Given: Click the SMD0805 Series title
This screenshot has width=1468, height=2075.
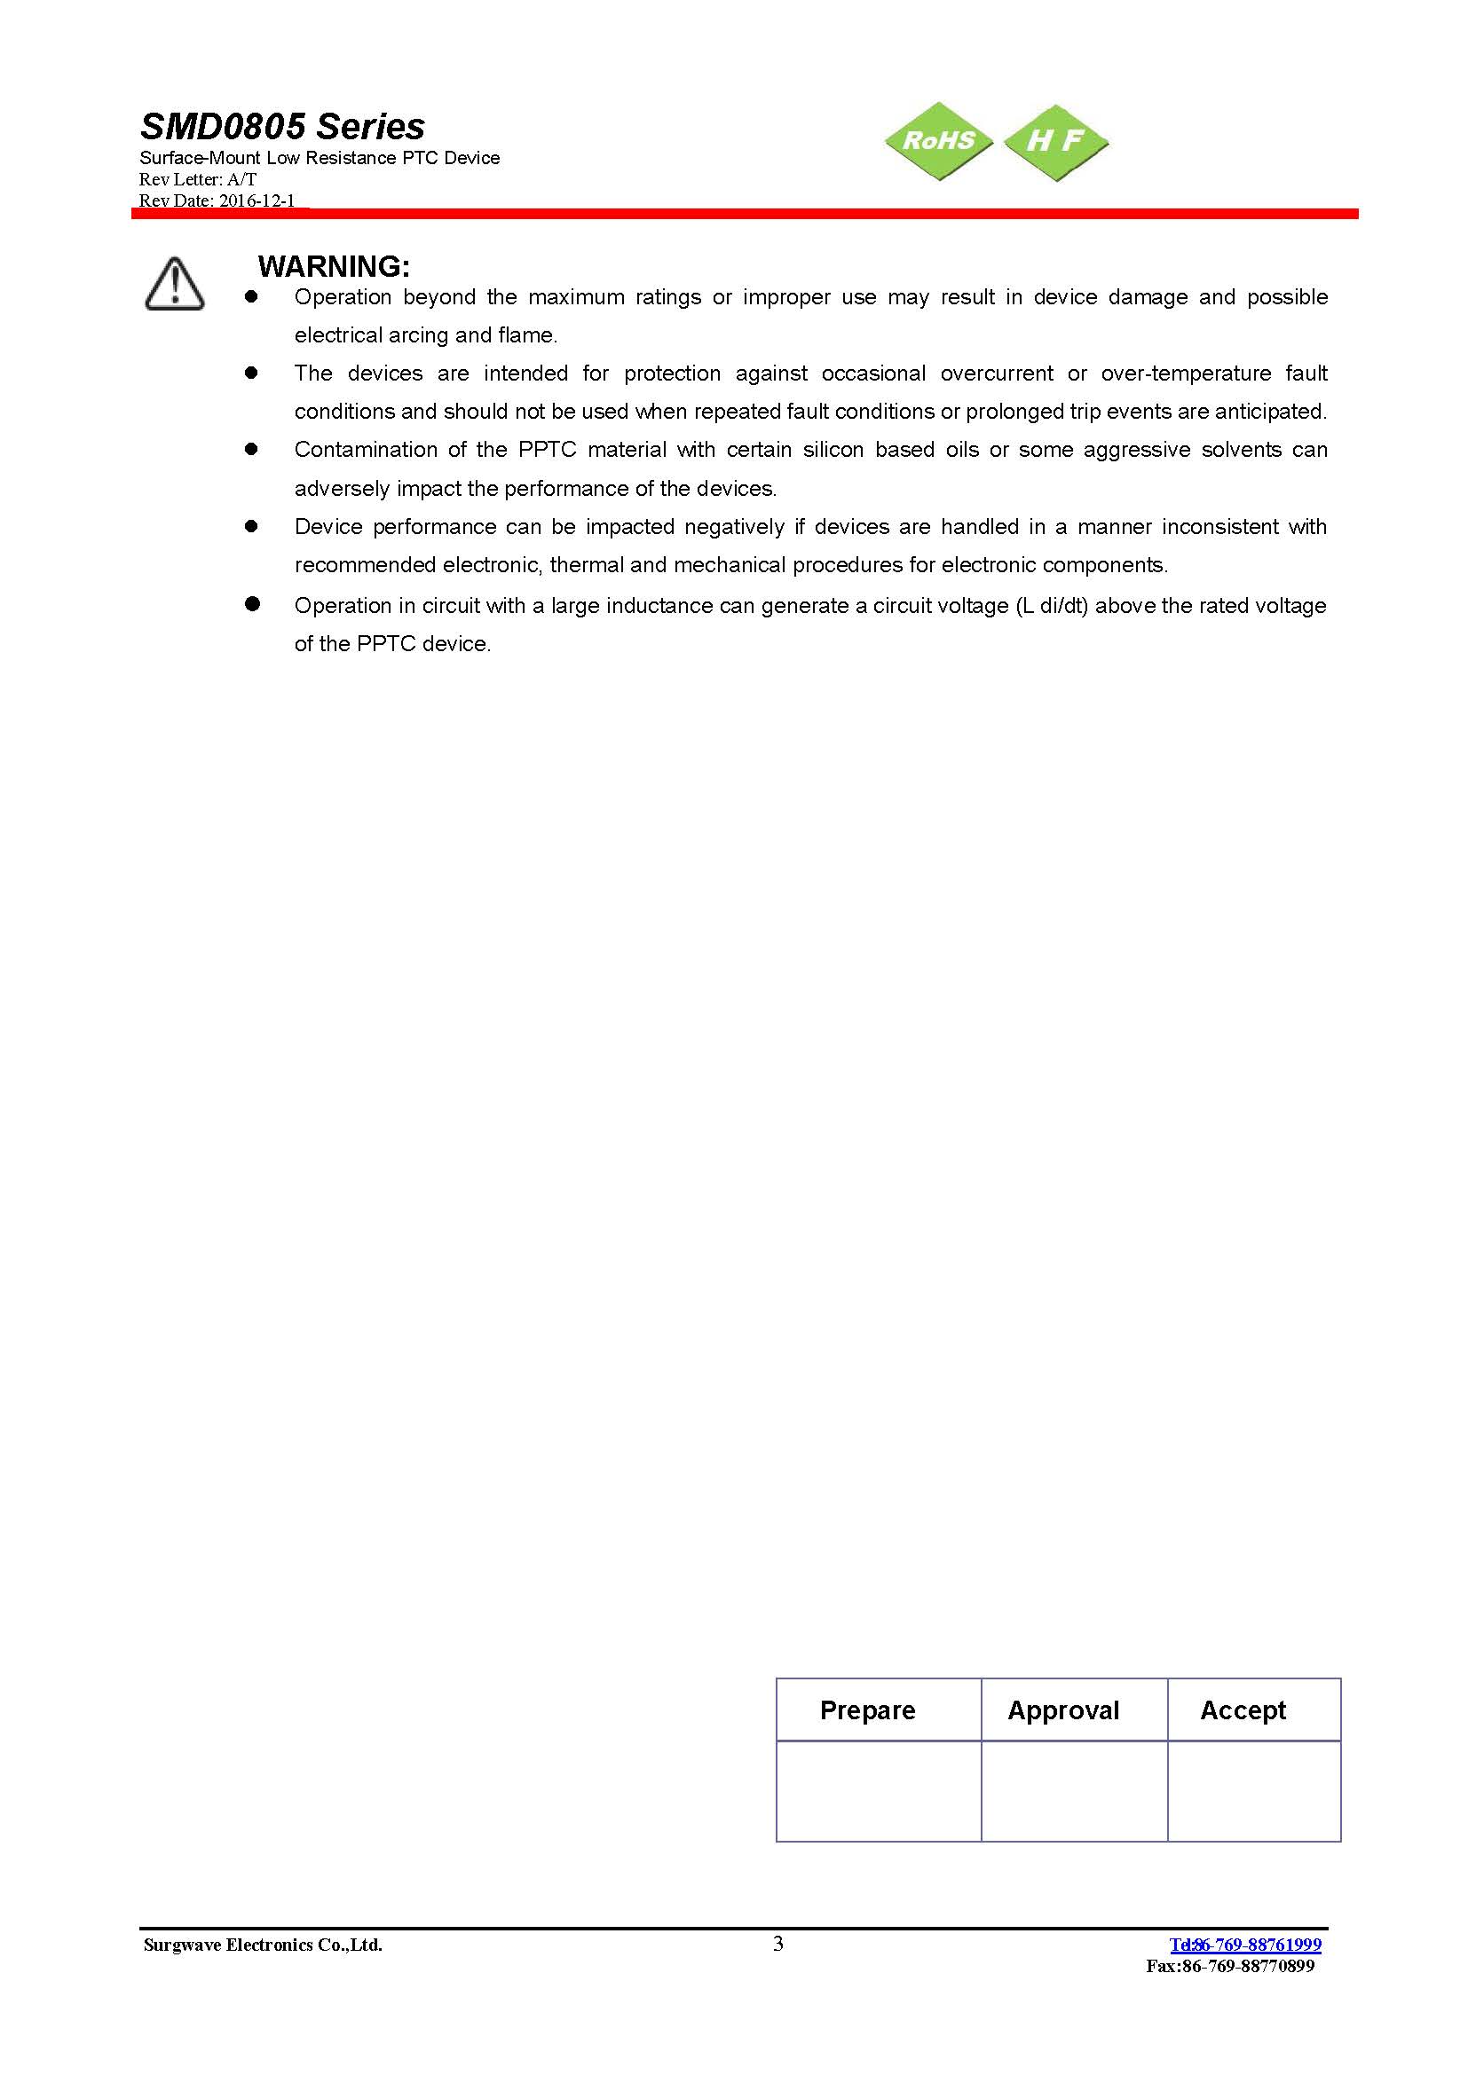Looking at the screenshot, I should point(282,127).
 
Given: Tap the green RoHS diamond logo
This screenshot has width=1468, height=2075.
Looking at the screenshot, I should point(938,140).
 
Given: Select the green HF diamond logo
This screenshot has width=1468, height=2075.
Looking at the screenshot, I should point(1056,140).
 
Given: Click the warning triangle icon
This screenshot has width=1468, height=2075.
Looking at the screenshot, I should point(175,284).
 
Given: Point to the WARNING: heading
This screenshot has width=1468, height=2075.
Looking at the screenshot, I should point(334,267).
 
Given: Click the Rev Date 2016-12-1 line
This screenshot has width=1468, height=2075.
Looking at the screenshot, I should point(217,200).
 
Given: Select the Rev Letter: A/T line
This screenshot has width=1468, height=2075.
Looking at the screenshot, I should point(198,180).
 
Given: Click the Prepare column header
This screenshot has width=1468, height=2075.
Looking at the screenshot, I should point(867,1710).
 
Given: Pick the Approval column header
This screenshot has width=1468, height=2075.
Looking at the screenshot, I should point(1063,1710).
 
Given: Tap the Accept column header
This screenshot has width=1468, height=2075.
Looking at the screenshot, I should point(1242,1710).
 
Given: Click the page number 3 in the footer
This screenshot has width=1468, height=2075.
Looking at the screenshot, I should point(778,1944).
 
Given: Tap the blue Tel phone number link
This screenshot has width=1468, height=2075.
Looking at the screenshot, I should point(1244,1945).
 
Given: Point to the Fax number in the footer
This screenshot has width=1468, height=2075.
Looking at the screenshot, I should point(1229,1966).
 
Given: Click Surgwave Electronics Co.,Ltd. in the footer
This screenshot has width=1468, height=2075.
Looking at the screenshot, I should point(262,1945).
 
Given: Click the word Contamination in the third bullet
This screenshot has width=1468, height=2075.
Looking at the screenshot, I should point(365,450).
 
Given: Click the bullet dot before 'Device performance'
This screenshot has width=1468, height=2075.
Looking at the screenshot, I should point(251,526).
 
